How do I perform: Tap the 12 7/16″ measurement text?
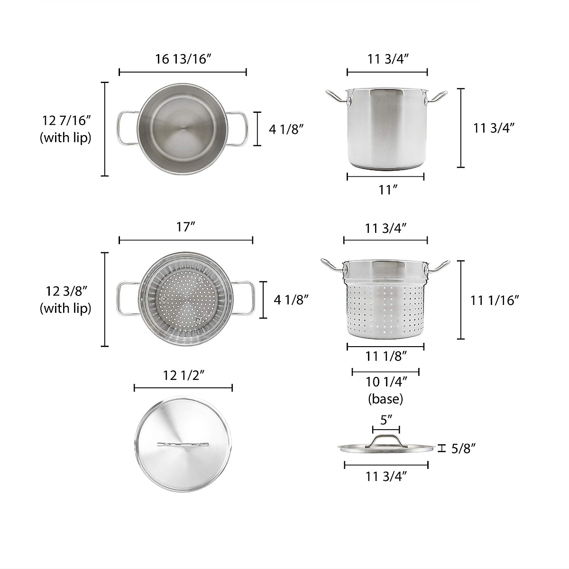(x=65, y=120)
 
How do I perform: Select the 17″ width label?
(x=185, y=227)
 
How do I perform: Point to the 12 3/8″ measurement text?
(x=65, y=291)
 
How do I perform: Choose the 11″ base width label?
(x=387, y=190)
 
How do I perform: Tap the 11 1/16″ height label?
(x=495, y=300)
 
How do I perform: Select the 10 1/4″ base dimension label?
(x=385, y=382)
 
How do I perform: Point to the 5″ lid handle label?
(x=386, y=420)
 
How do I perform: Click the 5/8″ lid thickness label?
(x=463, y=448)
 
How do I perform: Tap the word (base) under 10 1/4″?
(x=385, y=399)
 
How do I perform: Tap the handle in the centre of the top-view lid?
(x=183, y=444)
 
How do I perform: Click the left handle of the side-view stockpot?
(x=336, y=96)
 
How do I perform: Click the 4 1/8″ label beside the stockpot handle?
(x=286, y=128)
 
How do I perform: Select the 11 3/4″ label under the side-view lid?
(x=386, y=477)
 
